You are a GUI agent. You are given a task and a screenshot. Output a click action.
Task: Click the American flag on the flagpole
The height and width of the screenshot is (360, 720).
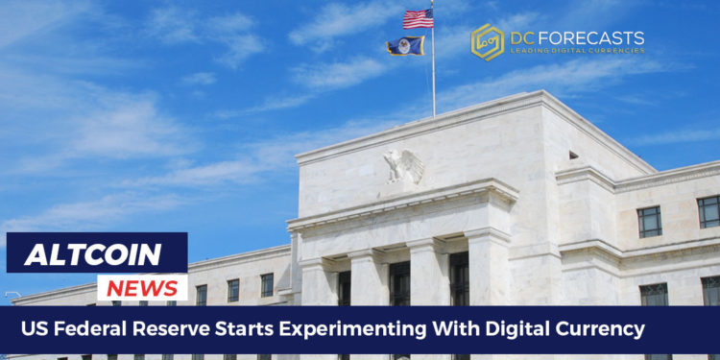point(419,18)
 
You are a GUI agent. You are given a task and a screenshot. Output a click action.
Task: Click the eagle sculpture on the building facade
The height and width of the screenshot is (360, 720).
point(403,165)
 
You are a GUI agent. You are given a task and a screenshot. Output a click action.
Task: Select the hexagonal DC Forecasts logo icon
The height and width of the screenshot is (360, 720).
point(487,41)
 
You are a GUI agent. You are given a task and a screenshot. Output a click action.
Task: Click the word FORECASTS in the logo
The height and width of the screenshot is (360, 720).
point(598,36)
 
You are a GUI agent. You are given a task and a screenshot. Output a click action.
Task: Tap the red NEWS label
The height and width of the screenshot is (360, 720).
point(141,287)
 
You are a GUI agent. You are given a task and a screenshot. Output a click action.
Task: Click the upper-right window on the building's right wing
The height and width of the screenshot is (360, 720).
point(708,211)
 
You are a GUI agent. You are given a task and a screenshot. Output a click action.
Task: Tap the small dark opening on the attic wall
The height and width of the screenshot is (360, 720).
point(573,155)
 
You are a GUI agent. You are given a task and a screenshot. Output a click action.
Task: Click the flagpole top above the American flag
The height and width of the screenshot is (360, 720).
point(432,3)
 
